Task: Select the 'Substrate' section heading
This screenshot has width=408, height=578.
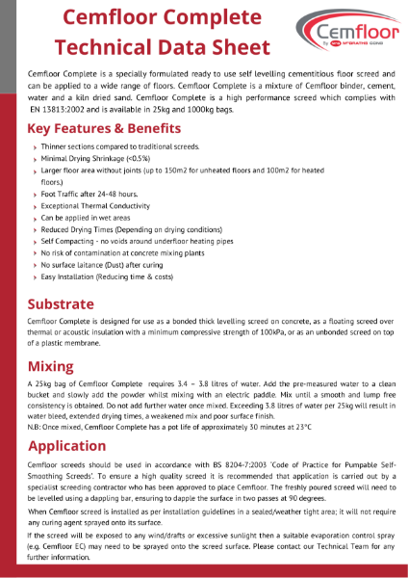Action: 61,304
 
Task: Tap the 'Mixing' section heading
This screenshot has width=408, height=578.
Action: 50,367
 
